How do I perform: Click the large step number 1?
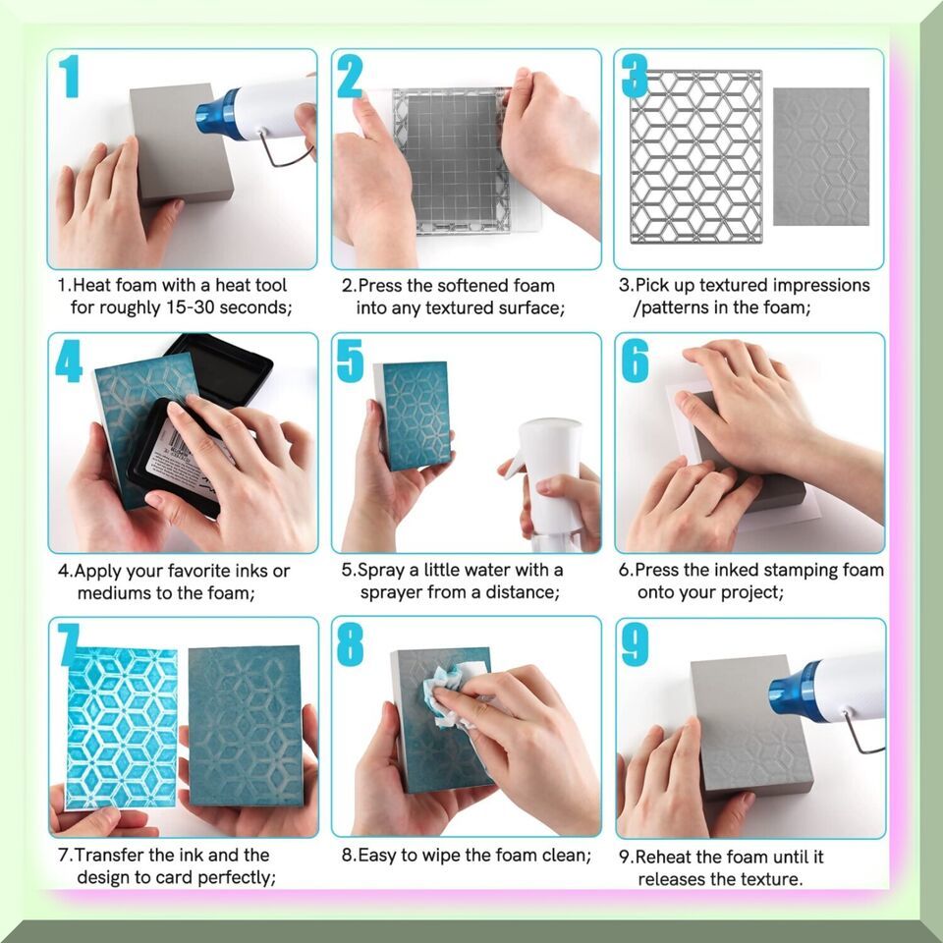[x=70, y=76]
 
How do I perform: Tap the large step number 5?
[x=350, y=361]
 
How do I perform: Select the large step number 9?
[x=636, y=644]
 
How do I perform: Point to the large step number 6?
[x=636, y=361]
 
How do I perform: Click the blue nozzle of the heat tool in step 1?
[x=219, y=115]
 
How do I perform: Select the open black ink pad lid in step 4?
[x=220, y=367]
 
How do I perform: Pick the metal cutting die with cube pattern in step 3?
[x=695, y=156]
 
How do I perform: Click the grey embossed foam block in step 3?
[x=821, y=156]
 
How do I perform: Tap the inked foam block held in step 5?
[x=414, y=416]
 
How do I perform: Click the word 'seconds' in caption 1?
[x=255, y=307]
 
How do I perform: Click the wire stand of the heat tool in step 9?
[x=861, y=734]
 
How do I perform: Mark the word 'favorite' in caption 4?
[x=199, y=571]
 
